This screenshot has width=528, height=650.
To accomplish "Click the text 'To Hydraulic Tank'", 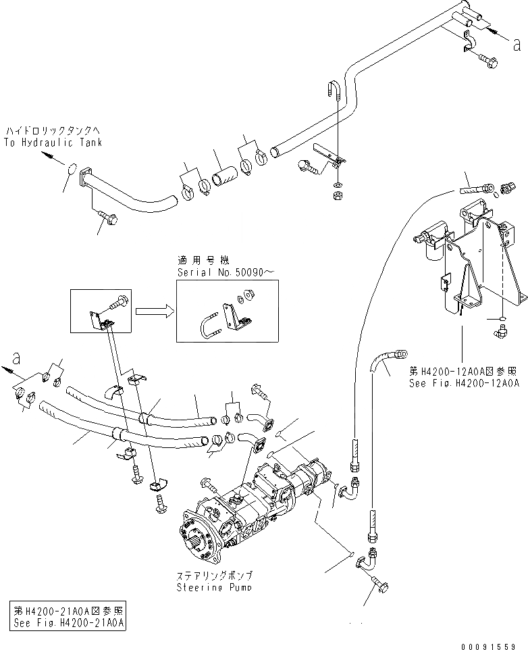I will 53,143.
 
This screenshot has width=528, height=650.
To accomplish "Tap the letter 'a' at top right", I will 517,45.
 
